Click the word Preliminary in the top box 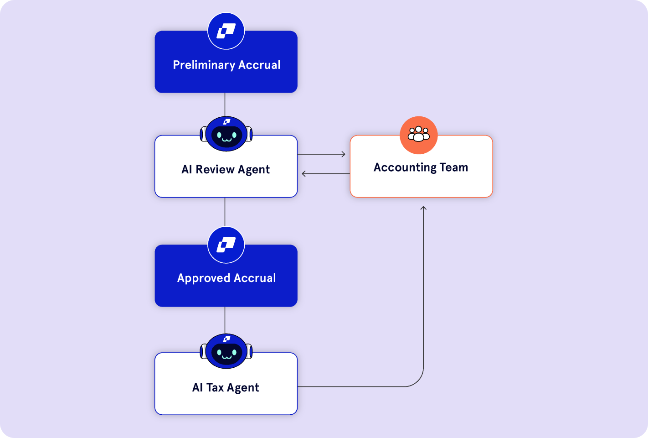[x=204, y=65]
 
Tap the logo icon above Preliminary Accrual [x=226, y=31]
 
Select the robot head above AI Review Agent [x=226, y=134]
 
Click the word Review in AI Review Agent [x=215, y=169]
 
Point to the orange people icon [x=419, y=135]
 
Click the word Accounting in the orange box [x=399, y=167]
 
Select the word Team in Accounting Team [x=454, y=167]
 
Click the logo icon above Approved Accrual [x=226, y=245]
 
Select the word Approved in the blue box [x=204, y=278]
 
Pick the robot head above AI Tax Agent [x=226, y=351]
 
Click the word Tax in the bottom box [x=215, y=387]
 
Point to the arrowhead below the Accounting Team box [x=423, y=209]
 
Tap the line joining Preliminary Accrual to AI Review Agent [x=225, y=104]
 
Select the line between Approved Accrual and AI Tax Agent [x=225, y=320]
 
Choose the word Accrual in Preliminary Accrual [x=259, y=65]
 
